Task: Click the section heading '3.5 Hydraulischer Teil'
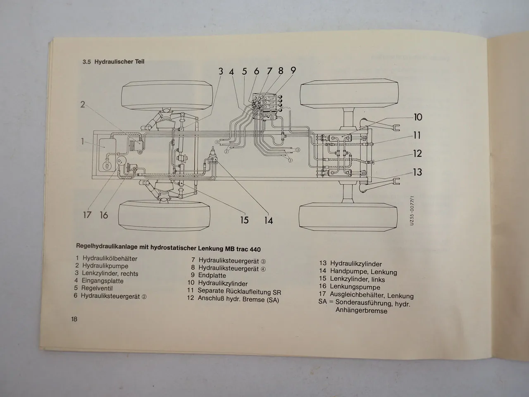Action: coord(113,62)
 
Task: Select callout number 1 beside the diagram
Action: coord(83,142)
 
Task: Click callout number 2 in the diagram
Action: coord(83,105)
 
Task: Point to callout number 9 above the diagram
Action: coord(293,70)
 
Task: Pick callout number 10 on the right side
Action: coord(418,117)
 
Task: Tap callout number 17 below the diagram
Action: coord(87,215)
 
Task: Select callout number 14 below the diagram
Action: coord(269,220)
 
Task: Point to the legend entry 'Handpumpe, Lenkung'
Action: coord(363,272)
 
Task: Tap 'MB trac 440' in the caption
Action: coord(243,249)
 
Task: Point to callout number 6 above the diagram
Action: coord(256,71)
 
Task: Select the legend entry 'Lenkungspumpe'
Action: coord(355,287)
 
